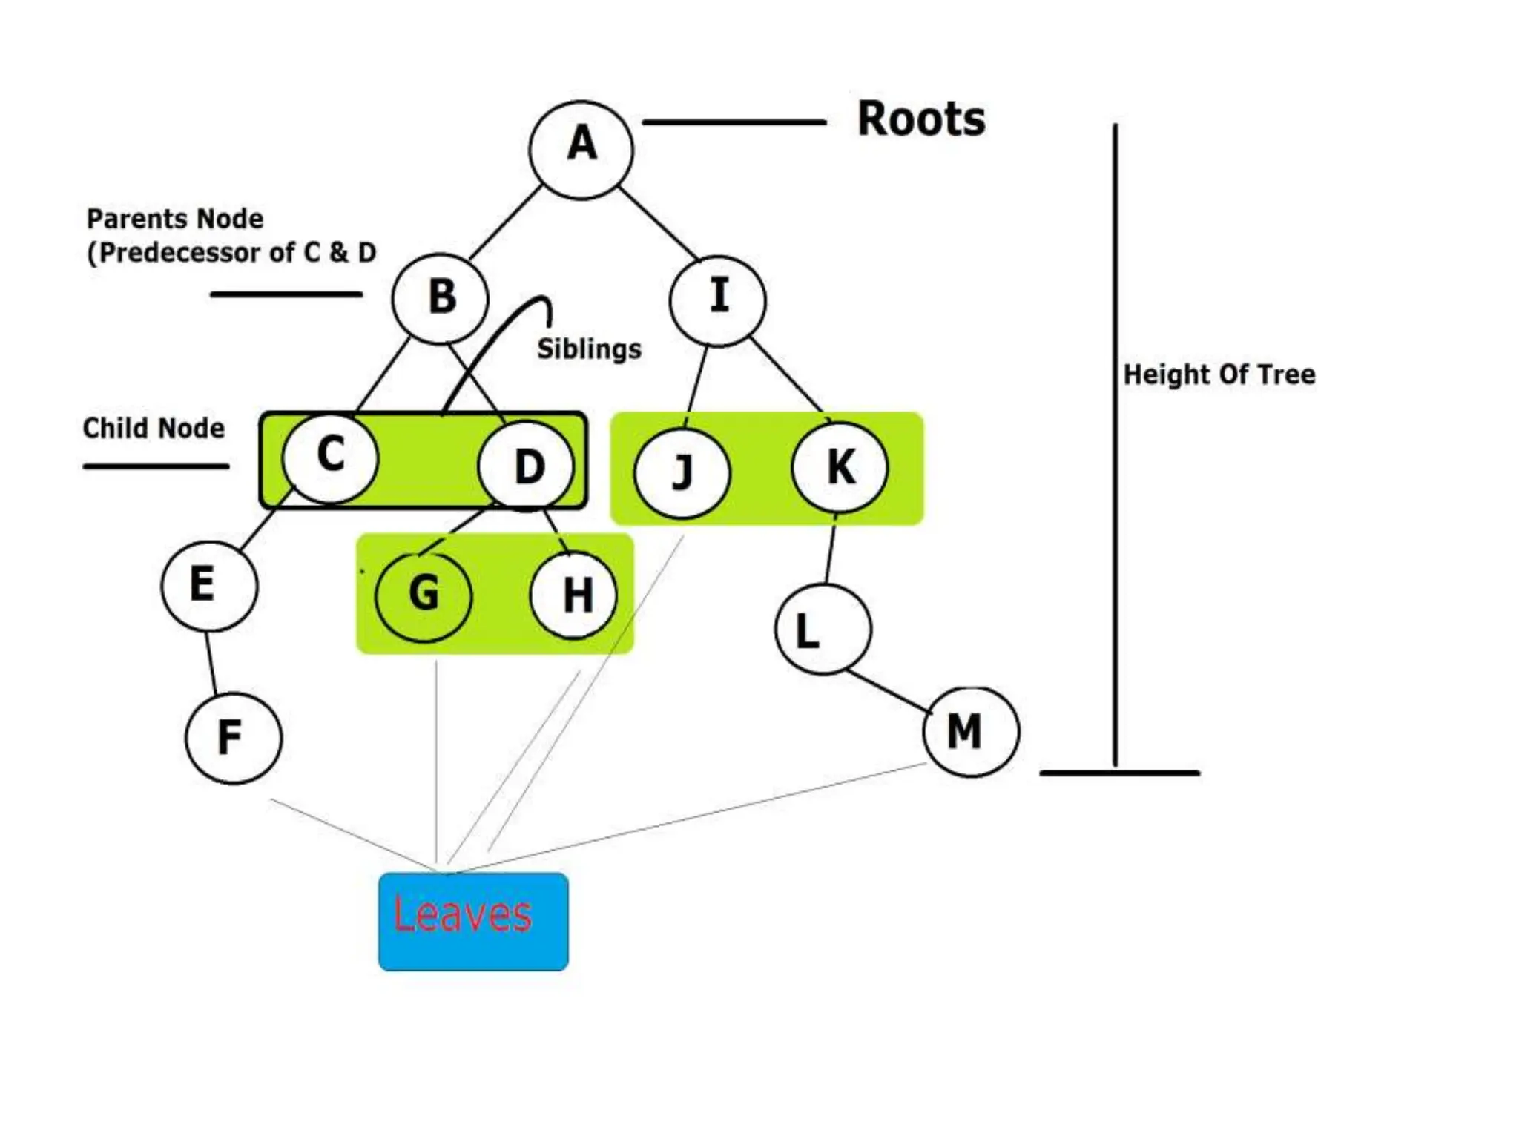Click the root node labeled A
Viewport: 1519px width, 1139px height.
click(581, 150)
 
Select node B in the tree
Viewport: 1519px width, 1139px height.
click(441, 298)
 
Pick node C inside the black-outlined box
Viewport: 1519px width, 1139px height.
click(330, 457)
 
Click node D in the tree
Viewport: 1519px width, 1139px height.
click(527, 466)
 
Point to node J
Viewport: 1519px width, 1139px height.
click(682, 472)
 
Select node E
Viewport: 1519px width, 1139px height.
click(209, 585)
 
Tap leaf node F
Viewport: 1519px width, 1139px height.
click(233, 737)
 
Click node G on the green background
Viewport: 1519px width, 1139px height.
click(424, 595)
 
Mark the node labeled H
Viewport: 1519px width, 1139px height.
click(574, 595)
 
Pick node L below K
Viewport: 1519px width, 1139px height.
click(823, 629)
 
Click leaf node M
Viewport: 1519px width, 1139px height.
click(971, 731)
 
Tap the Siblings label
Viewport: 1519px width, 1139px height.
click(589, 349)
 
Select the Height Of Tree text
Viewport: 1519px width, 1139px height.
click(1219, 374)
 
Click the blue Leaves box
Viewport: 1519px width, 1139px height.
click(473, 921)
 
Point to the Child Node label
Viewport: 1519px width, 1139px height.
click(154, 429)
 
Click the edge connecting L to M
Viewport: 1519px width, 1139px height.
click(889, 691)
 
